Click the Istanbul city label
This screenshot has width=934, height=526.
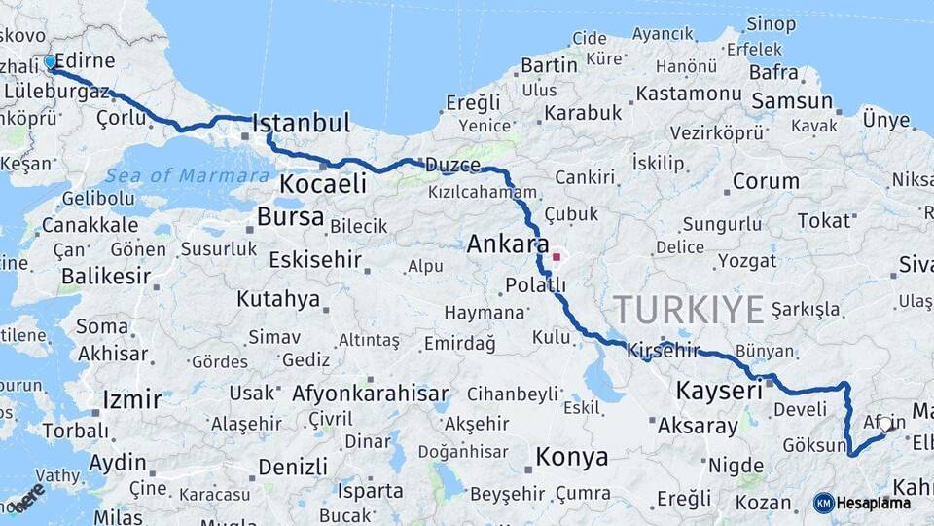[301, 124]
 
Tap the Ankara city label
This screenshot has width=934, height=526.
[508, 244]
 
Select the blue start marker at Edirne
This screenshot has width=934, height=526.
[51, 62]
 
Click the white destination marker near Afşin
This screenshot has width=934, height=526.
[885, 424]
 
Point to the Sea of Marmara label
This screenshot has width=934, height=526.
[188, 176]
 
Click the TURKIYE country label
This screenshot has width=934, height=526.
[689, 311]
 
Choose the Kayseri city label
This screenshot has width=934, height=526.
[719, 392]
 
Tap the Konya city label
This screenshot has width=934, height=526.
[572, 456]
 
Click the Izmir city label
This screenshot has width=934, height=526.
[131, 399]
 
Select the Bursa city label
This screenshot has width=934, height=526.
[291, 216]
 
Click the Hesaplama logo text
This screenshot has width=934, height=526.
[876, 503]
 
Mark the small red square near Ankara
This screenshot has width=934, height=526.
[557, 257]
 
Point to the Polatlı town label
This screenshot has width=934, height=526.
[535, 285]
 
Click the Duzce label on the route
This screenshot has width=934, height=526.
[453, 165]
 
